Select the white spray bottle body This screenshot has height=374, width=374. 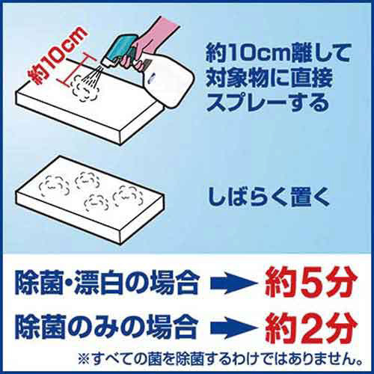pos(168,80)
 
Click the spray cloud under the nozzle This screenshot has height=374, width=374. pos(85,88)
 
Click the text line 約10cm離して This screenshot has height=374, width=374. pos(278,53)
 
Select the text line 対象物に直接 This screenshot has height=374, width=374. pos(269,78)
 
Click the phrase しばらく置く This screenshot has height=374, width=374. pos(269,197)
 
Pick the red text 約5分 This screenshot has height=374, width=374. pos(310,283)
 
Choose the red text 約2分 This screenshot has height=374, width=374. pos(310,328)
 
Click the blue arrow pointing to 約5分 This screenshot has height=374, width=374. pos(233,283)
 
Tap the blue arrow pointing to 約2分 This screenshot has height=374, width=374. pos(233,328)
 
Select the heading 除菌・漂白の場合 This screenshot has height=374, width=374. pos(107,283)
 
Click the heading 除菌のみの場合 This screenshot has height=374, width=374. pos(107,327)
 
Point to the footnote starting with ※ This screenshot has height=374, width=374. pos(220,359)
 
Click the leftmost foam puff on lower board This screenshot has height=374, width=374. pos(54,186)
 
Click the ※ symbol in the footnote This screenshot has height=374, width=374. pos(85,359)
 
